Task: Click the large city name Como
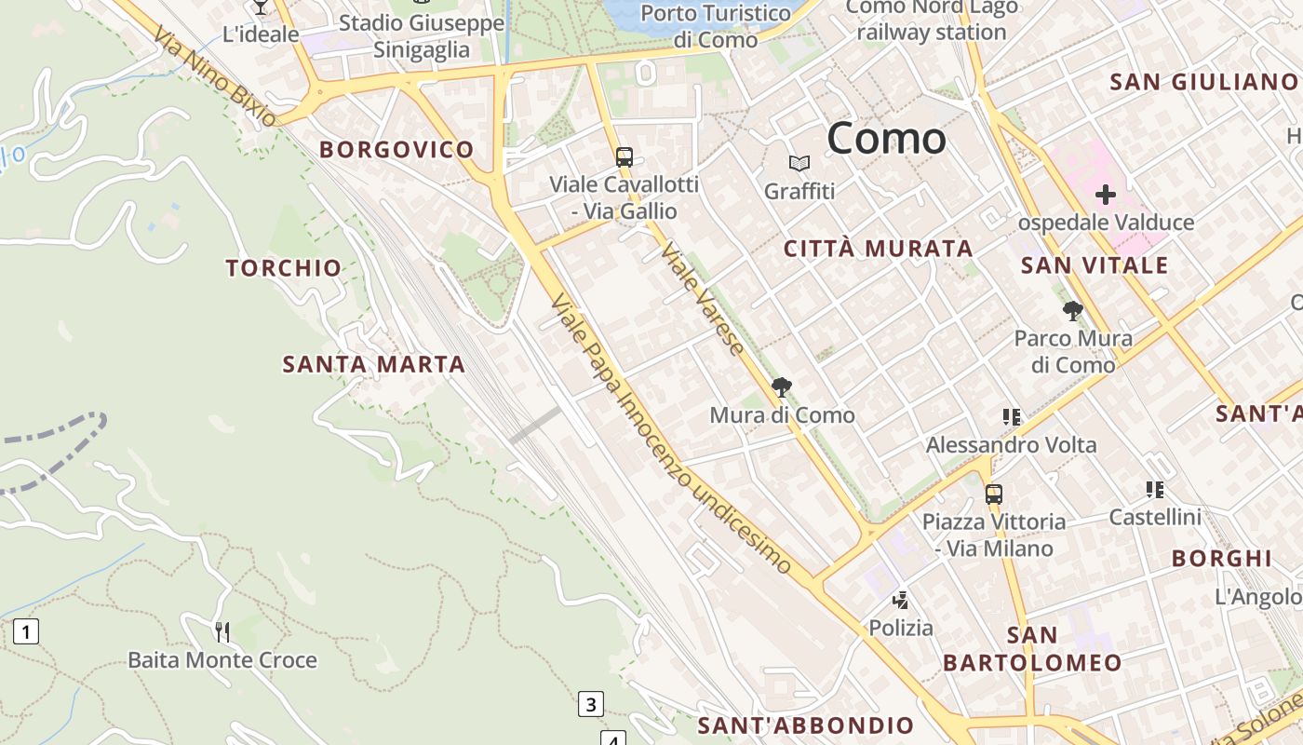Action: point(886,139)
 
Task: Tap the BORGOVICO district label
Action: point(396,149)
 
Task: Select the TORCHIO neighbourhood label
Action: point(284,268)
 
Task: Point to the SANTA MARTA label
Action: point(373,364)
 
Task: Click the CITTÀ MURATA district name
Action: point(879,249)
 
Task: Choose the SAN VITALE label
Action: point(1094,265)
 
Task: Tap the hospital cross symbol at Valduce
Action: point(1105,195)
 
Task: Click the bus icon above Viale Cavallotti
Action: point(624,156)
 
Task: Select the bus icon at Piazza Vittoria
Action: point(993,494)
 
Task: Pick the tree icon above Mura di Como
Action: point(781,386)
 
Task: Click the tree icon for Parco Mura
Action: point(1072,310)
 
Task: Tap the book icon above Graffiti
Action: point(799,164)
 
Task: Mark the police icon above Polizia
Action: point(900,600)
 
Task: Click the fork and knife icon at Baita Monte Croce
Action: point(222,632)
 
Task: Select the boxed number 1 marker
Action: point(26,632)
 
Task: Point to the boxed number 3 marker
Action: point(590,704)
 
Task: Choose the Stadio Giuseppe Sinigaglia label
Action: point(422,36)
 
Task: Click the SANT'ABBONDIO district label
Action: point(806,725)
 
